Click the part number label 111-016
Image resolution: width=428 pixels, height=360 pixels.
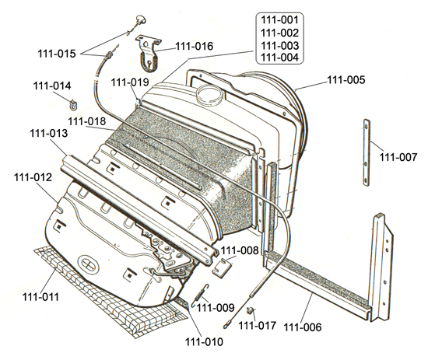click(194, 47)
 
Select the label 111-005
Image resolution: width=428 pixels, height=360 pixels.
click(346, 80)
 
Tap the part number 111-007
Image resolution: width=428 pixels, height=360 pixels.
click(398, 157)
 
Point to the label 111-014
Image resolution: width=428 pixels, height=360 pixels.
click(52, 86)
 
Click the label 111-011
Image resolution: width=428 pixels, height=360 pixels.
click(40, 297)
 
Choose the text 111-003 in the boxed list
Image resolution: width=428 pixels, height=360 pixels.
click(280, 45)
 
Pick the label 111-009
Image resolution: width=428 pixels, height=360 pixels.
click(216, 308)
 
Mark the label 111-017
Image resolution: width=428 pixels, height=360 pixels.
click(258, 325)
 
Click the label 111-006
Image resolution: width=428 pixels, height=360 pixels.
click(303, 327)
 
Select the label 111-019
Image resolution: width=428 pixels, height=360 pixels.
click(130, 82)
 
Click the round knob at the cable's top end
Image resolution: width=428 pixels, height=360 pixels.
click(141, 20)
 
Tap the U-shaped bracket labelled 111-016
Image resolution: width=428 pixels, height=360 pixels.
click(149, 54)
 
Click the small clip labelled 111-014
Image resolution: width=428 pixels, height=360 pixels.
click(73, 104)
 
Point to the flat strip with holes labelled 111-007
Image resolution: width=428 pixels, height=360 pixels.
click(367, 152)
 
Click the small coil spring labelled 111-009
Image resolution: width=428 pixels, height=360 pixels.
click(201, 295)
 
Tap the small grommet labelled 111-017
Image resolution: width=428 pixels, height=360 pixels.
click(250, 310)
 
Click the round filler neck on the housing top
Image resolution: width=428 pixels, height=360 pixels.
click(210, 94)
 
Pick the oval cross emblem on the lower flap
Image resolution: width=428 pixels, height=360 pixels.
click(88, 264)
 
